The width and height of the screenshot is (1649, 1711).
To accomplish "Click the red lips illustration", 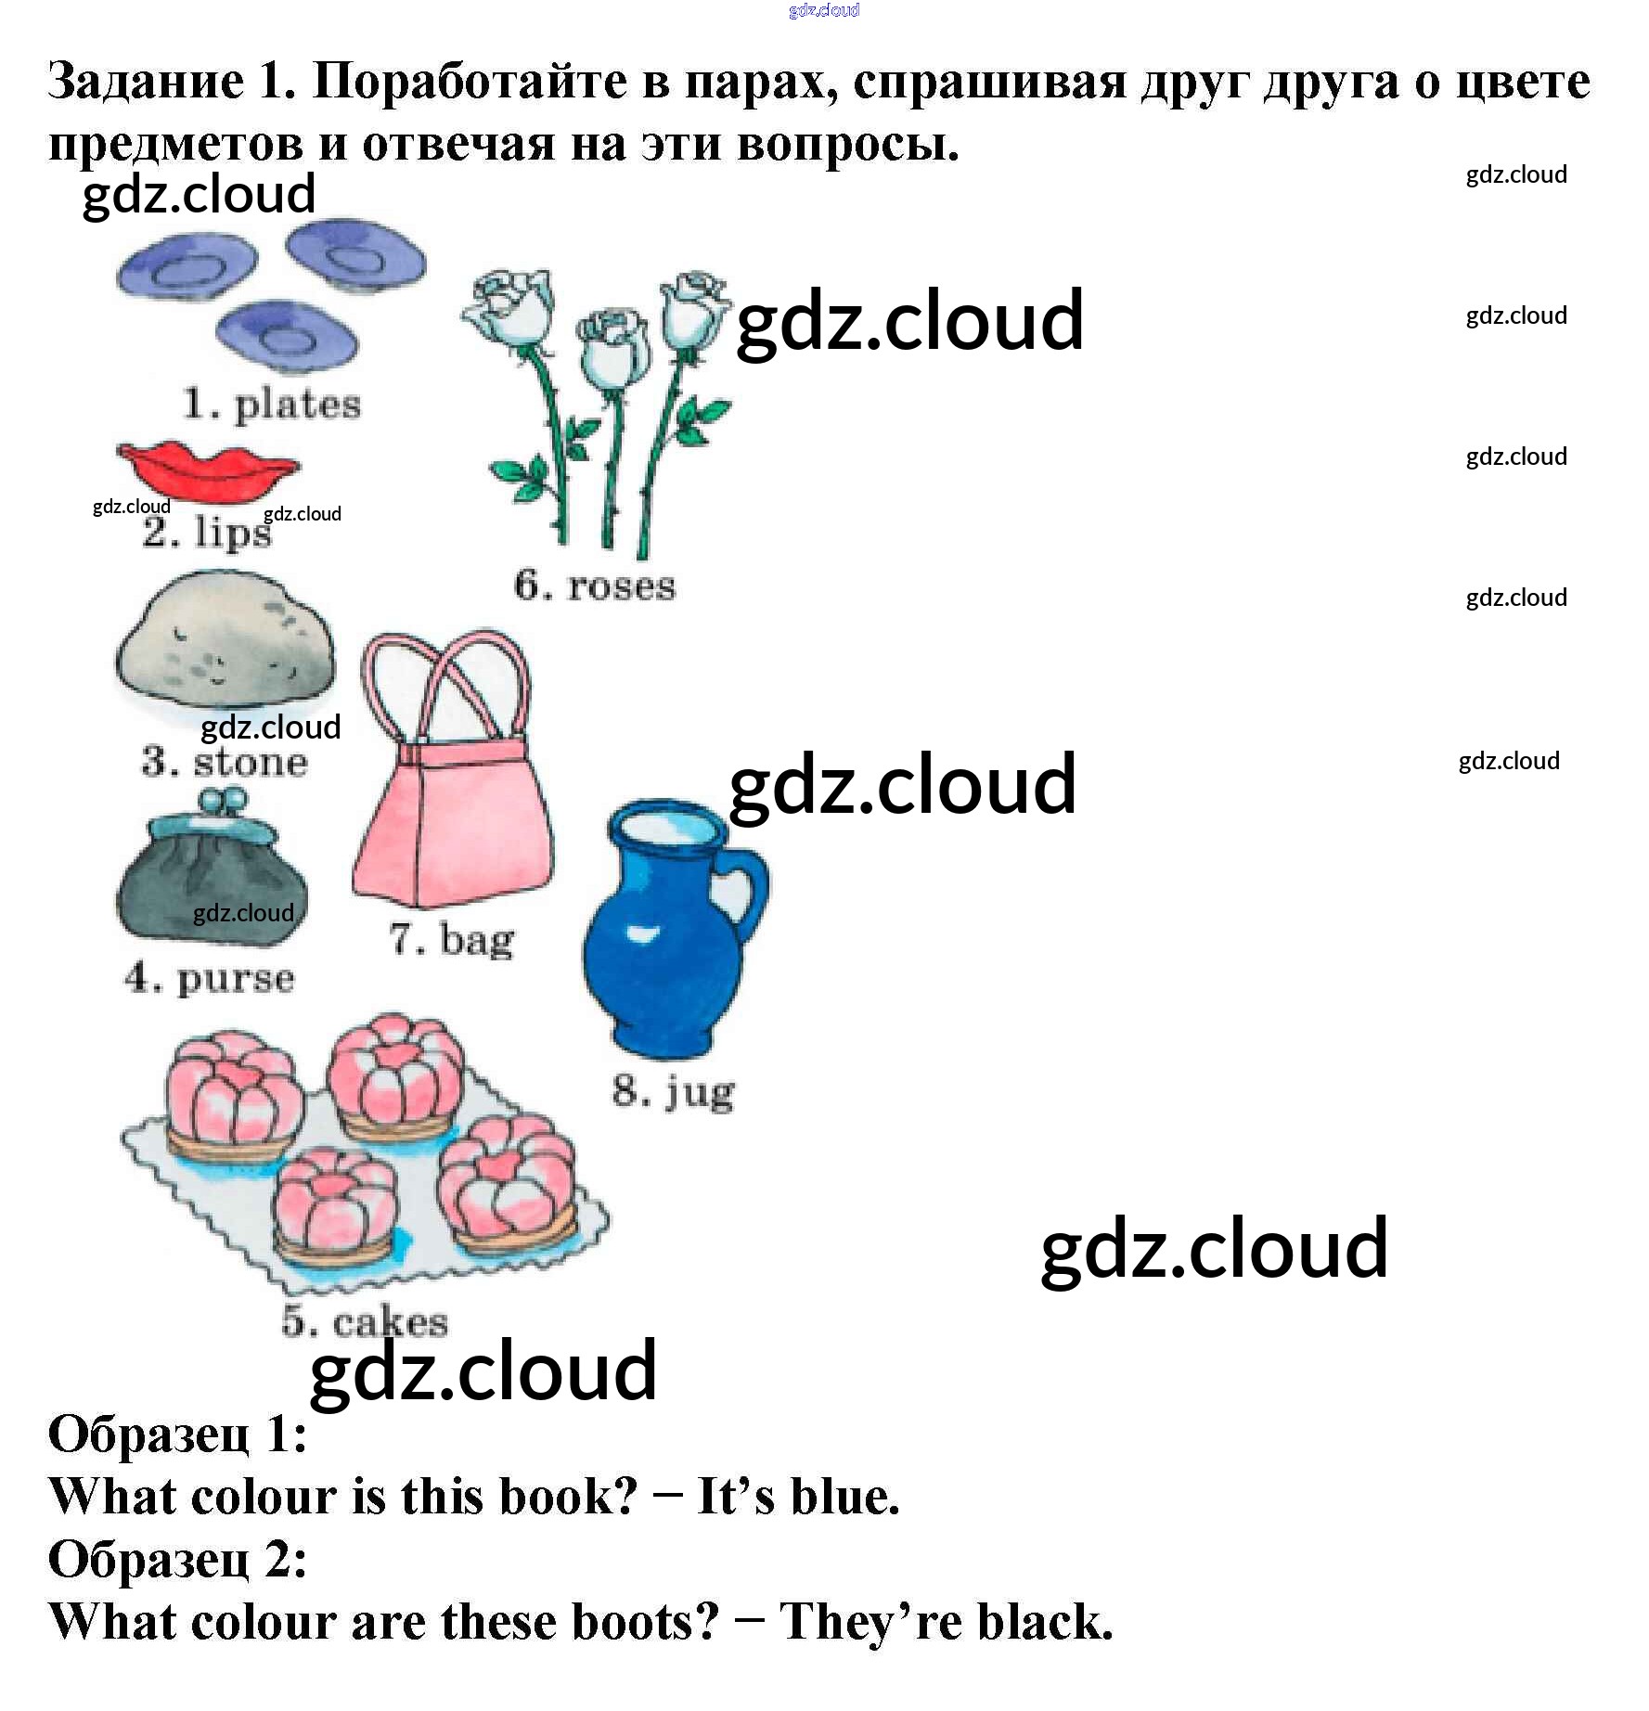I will pyautogui.click(x=207, y=470).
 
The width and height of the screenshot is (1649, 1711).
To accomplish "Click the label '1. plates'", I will pyautogui.click(x=272, y=405).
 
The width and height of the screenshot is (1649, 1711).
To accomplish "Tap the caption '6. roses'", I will pyautogui.click(x=595, y=586).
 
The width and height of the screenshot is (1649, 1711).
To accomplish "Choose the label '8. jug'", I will pyautogui.click(x=673, y=1092).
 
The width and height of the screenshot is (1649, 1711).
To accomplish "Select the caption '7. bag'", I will pyautogui.click(x=451, y=939).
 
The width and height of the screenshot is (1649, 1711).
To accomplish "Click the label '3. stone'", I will pyautogui.click(x=225, y=763).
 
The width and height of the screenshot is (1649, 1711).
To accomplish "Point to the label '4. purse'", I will pyautogui.click(x=210, y=979).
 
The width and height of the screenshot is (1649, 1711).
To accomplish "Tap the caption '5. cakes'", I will pyautogui.click(x=365, y=1321).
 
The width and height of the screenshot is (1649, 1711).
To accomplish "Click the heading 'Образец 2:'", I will pyautogui.click(x=177, y=1559).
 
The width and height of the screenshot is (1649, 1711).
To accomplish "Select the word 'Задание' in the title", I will pyautogui.click(x=146, y=81).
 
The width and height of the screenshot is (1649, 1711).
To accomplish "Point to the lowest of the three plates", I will pyautogui.click(x=286, y=335).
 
